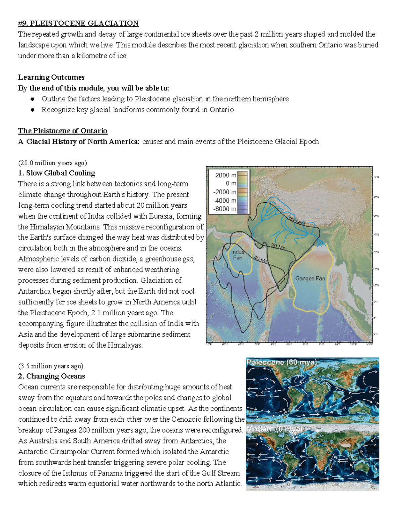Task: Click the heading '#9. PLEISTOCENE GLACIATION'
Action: pos(78,23)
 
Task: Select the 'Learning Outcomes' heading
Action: pos(51,77)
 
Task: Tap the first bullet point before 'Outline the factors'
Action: pos(33,99)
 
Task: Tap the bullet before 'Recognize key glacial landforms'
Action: pos(33,110)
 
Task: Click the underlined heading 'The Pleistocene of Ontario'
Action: pos(63,131)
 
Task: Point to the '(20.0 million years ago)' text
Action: pos(52,163)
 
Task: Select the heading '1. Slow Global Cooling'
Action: pos(57,173)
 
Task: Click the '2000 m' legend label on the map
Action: pos(226,175)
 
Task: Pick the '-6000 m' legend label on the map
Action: pos(225,209)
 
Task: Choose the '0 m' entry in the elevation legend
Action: pos(231,183)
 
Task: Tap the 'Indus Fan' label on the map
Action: pos(237,255)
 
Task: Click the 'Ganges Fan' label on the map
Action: pos(310,278)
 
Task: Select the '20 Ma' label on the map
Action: pos(278,247)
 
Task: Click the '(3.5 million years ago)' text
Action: pos(51,366)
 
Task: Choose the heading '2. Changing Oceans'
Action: pos(52,376)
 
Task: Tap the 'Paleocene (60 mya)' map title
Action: pos(282,362)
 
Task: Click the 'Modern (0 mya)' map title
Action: pos(274,429)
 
